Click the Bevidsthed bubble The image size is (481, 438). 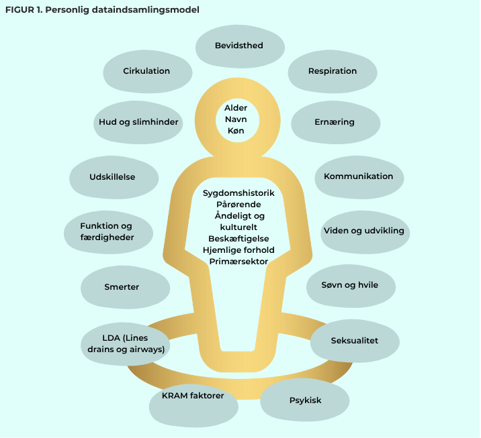(238, 46)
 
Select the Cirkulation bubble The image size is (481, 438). (146, 71)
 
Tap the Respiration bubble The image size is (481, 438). (332, 71)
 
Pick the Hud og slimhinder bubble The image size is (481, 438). (138, 122)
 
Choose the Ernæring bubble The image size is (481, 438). (334, 122)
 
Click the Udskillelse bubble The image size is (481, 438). (112, 176)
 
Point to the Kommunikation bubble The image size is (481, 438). (358, 176)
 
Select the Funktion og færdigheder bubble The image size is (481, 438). (107, 232)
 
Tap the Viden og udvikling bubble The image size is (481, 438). (363, 231)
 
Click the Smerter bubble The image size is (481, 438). (122, 287)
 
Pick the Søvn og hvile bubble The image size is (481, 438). (351, 285)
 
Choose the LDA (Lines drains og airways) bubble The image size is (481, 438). (126, 343)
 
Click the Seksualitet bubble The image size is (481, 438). (354, 341)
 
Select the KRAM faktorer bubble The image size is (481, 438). (192, 396)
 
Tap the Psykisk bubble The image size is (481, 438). (304, 400)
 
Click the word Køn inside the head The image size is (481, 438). (236, 130)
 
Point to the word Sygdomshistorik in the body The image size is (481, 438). (238, 193)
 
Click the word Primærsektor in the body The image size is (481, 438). (238, 261)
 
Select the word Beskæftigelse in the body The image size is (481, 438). (238, 238)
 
